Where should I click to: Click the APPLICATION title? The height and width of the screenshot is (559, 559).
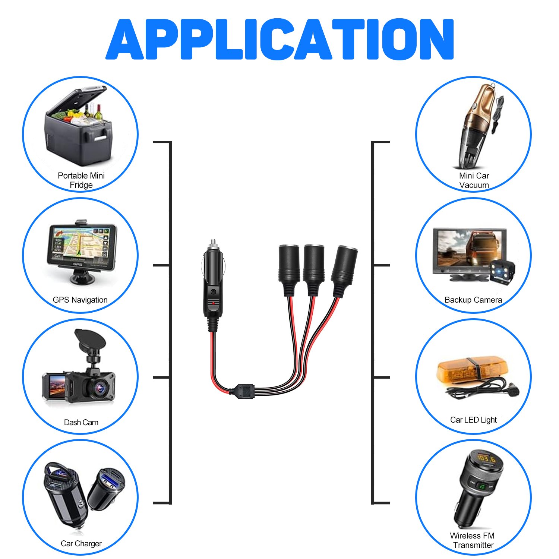(x=279, y=39)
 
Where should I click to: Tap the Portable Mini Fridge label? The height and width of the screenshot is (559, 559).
(x=81, y=180)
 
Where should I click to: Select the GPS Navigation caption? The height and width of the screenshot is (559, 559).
(x=80, y=300)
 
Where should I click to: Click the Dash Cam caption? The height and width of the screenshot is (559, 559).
(x=81, y=423)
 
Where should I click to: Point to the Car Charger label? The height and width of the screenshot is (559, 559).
(x=81, y=544)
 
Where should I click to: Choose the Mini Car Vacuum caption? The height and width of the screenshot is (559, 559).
(x=474, y=180)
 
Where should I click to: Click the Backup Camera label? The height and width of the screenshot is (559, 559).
(x=473, y=300)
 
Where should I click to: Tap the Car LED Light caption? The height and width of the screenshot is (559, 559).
(x=473, y=420)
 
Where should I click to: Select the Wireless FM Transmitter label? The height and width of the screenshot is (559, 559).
(x=473, y=540)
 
